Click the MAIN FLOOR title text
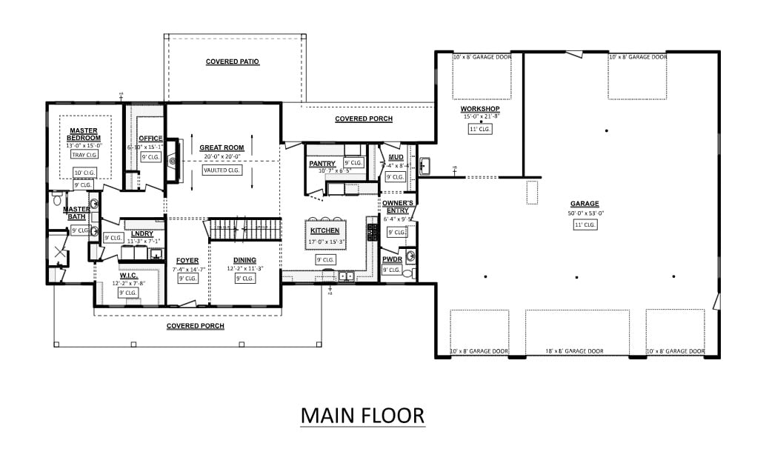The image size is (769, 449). coord(362,415)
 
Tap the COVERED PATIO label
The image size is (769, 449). coord(232,61)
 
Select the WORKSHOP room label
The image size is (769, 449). coord(480,109)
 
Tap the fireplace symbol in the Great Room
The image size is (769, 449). coord(172,160)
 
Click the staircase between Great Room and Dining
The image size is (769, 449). coord(244,230)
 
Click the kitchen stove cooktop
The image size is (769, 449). coord(372,232)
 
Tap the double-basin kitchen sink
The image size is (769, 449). coord(345,277)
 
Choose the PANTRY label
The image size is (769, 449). coord(322,164)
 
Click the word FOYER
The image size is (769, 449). coord(187,260)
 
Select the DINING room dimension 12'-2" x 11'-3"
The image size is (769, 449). coord(245,269)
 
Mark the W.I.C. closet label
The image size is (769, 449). coord(128,276)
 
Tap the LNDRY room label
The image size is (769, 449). coord(142,233)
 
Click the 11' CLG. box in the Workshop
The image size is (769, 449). coord(480,129)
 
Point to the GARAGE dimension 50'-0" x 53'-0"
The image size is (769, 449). coord(585,213)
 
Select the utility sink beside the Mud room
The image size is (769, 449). coord(425,166)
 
